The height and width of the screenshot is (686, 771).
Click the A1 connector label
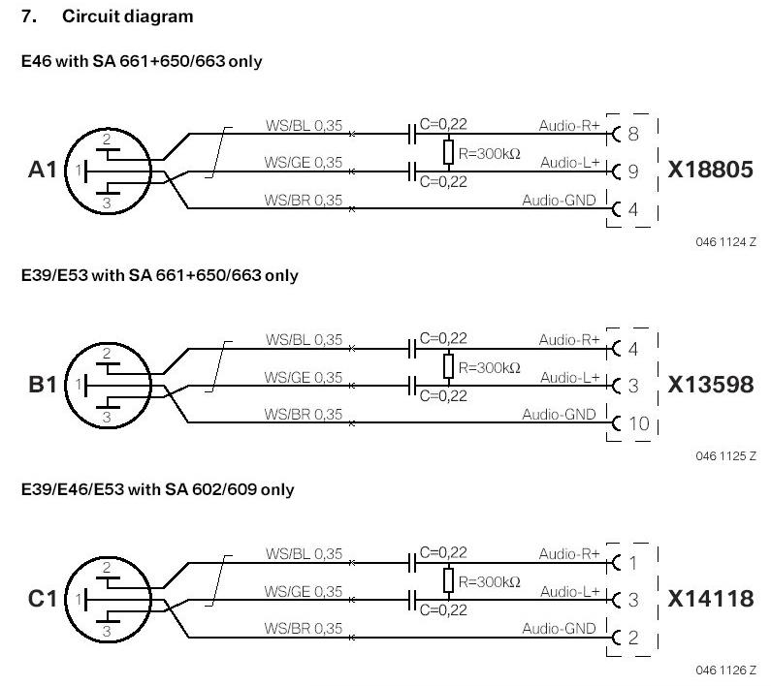click(43, 171)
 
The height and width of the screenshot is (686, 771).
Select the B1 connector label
click(43, 385)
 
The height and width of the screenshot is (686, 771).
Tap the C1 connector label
click(43, 599)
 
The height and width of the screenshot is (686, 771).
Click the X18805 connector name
click(710, 171)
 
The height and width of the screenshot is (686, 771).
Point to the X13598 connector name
click(710, 385)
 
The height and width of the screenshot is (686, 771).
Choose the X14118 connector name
click(710, 599)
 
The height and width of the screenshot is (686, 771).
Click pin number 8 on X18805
click(632, 134)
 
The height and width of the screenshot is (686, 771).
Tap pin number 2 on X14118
click(632, 638)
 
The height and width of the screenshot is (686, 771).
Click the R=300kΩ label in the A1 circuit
click(490, 153)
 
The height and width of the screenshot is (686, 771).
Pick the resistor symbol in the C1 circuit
click(448, 579)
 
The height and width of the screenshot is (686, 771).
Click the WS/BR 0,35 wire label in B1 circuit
click(304, 414)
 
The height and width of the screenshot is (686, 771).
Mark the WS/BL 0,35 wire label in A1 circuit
click(304, 125)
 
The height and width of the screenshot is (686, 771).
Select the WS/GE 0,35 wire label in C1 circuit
click(304, 591)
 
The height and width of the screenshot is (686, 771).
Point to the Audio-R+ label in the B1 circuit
click(569, 339)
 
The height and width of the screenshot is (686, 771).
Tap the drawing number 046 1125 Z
click(725, 455)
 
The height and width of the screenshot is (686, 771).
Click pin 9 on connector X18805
click(632, 171)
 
